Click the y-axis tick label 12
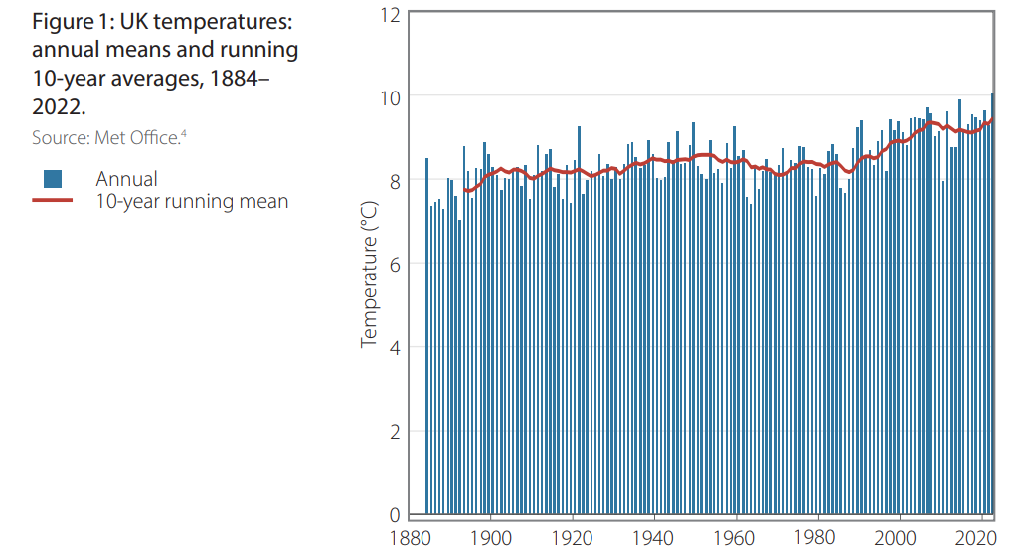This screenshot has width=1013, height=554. pyautogui.click(x=390, y=14)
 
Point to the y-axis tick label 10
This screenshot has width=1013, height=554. pyautogui.click(x=390, y=97)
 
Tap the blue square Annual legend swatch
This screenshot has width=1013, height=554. pyautogui.click(x=53, y=179)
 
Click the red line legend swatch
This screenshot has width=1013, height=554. pyautogui.click(x=53, y=201)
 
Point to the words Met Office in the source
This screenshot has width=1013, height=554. pyautogui.click(x=137, y=138)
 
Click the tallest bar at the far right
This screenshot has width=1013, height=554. pyautogui.click(x=992, y=298)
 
